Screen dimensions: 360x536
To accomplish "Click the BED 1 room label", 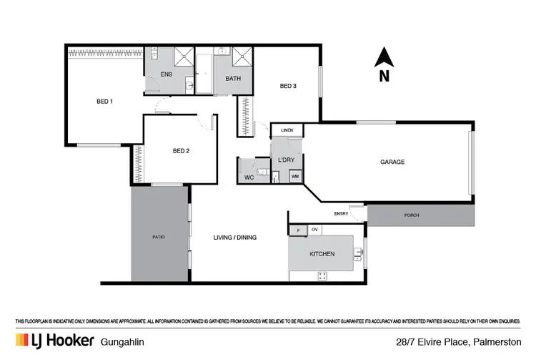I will point(104,101).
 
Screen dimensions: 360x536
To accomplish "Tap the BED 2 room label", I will point(181,150).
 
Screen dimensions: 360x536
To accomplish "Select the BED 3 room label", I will point(288,87).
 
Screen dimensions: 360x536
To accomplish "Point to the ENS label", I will point(166,74).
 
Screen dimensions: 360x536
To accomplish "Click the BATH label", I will point(233,78).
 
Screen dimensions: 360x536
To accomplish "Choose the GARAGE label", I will point(392,162).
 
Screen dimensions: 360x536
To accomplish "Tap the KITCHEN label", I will point(322,254).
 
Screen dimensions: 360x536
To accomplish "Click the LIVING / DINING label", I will point(235,237).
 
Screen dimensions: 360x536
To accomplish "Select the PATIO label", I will point(158,236).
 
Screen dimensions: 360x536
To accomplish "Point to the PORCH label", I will point(412,215).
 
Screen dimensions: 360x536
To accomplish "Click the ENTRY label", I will point(341,214).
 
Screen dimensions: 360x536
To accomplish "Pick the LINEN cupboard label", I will point(287,130).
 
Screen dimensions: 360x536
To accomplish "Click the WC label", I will point(249,177).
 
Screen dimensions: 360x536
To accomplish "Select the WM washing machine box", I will point(294,176).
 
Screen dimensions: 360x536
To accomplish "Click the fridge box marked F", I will point(298,230).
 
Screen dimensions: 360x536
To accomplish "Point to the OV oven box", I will point(315,230).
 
